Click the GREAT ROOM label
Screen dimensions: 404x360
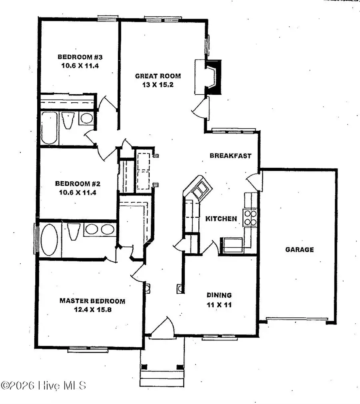pyautogui.click(x=158, y=76)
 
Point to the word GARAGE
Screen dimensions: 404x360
pyautogui.click(x=299, y=249)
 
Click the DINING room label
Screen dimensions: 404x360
pyautogui.click(x=219, y=295)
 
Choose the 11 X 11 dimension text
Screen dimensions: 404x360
pyautogui.click(x=219, y=304)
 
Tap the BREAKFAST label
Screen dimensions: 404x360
pyautogui.click(x=231, y=156)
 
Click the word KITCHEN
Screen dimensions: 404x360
pyautogui.click(x=221, y=219)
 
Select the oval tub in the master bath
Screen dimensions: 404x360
pyautogui.click(x=50, y=240)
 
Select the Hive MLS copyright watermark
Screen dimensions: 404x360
pyautogui.click(x=43, y=386)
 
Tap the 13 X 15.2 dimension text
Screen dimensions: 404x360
pyautogui.click(x=158, y=84)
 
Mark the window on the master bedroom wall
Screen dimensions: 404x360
pyautogui.click(x=83, y=349)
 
